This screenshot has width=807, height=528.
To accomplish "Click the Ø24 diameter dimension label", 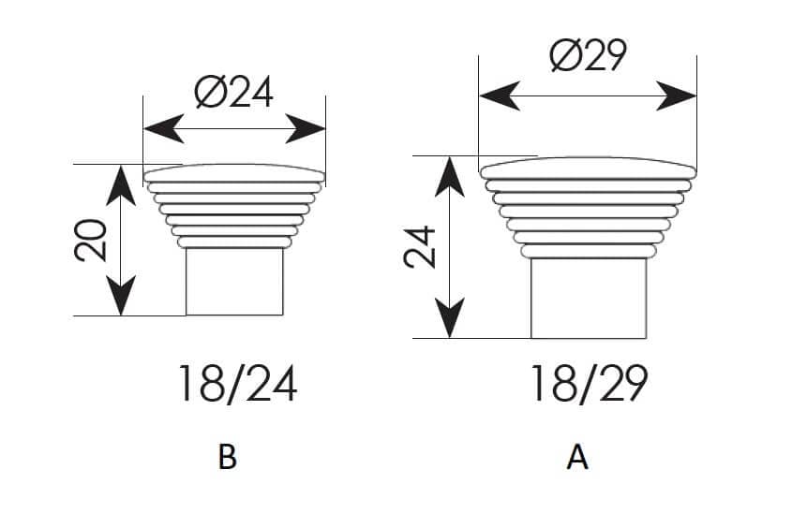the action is [234, 93].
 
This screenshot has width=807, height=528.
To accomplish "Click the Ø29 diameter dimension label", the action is [589, 54].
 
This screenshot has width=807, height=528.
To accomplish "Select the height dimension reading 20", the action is [91, 240].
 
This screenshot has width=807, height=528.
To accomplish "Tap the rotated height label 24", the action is [420, 247].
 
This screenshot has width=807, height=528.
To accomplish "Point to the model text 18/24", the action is [237, 384].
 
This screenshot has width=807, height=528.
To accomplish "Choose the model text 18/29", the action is [589, 384].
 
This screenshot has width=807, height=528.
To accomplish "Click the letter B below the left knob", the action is [227, 457].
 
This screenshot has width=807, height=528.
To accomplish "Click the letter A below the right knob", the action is [577, 457].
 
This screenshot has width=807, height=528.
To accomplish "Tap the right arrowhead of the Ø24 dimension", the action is [306, 128].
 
